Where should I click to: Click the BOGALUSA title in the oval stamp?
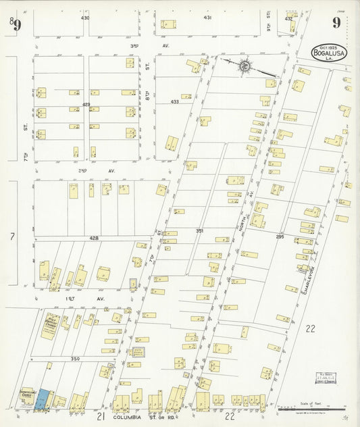[x=328, y=53]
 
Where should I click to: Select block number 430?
[x=85, y=18]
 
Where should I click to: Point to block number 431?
[x=208, y=18]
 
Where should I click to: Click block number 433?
[x=175, y=102]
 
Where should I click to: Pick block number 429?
[x=86, y=105]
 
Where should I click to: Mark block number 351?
[x=200, y=231]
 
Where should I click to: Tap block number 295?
[x=279, y=237]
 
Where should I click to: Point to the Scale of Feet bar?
[x=312, y=408]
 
